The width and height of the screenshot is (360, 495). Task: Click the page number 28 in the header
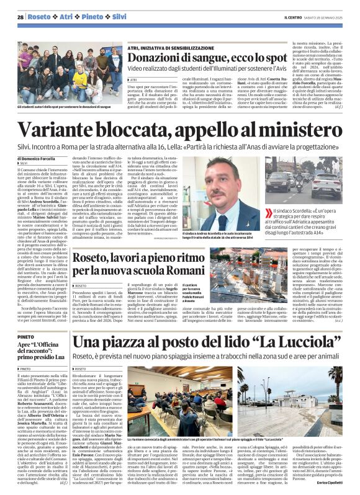coord(20,17)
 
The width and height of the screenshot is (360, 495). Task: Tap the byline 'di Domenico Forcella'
coord(40,159)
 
